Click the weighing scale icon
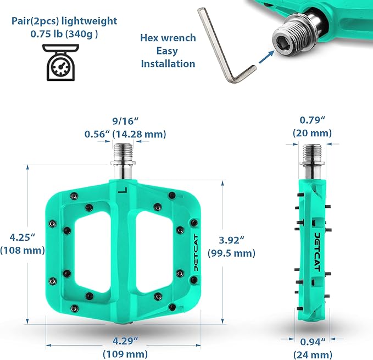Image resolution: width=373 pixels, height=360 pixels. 60,62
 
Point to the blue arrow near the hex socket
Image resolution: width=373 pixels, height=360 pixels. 266,57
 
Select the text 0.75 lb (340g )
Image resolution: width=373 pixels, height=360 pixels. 64,34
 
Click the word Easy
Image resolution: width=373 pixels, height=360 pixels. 167,51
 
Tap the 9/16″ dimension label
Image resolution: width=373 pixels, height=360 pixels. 125,121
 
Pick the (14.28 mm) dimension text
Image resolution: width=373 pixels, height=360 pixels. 139,134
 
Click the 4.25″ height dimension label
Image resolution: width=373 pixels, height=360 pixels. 22,237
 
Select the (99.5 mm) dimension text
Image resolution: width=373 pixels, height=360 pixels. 231,253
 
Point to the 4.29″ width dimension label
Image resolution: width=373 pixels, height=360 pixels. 125,341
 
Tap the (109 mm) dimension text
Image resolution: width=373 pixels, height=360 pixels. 125,355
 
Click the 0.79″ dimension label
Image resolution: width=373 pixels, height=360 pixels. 312,120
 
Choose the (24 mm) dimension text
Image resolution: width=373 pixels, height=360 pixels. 313,355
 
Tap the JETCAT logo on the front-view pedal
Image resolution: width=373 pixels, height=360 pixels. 196,253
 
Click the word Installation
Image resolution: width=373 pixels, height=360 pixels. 168,64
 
